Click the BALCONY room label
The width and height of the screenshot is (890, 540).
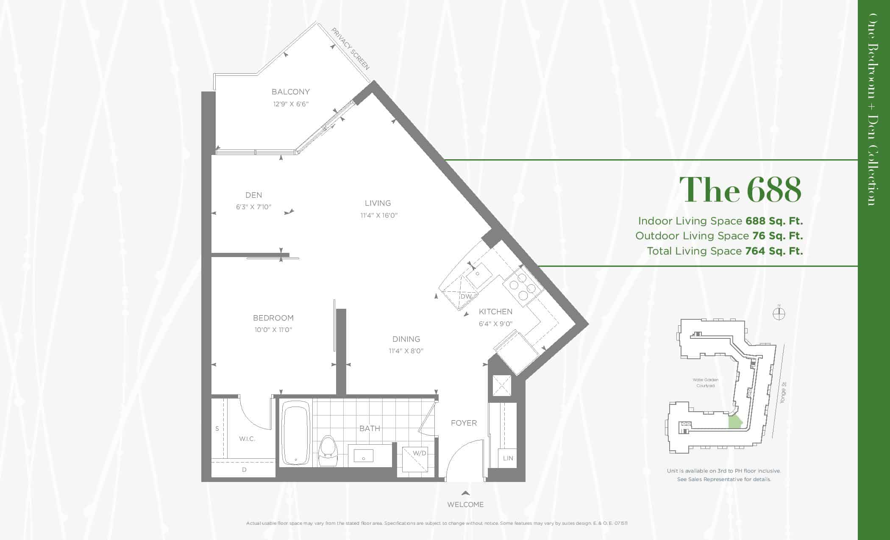tap(290, 91)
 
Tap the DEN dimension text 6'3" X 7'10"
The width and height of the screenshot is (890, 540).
tap(253, 207)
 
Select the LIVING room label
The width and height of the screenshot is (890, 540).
tap(378, 203)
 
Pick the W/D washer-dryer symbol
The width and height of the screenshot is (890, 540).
tap(415, 460)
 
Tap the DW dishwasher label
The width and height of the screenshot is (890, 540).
tap(466, 296)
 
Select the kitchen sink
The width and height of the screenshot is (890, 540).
tap(479, 274)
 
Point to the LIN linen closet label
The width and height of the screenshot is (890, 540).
tap(508, 458)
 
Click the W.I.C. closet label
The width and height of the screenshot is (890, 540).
tap(247, 439)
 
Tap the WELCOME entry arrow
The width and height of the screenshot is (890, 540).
tap(465, 493)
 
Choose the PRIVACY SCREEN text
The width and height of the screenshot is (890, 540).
tap(350, 49)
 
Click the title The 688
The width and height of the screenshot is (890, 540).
tap(740, 189)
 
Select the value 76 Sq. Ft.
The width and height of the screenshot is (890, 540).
tap(778, 236)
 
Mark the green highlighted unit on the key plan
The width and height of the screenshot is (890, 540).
tap(735, 422)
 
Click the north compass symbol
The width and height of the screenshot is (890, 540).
tap(779, 313)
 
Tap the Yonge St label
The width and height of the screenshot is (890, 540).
tap(783, 393)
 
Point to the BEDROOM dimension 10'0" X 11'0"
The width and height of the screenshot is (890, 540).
tap(273, 330)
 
